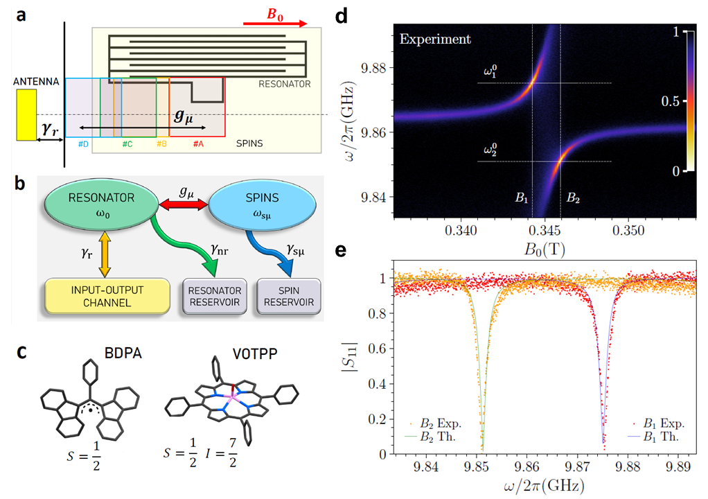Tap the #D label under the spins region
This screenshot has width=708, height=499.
click(x=82, y=143)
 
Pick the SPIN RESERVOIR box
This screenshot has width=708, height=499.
click(x=288, y=297)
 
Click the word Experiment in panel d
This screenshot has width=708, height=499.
click(x=435, y=40)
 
